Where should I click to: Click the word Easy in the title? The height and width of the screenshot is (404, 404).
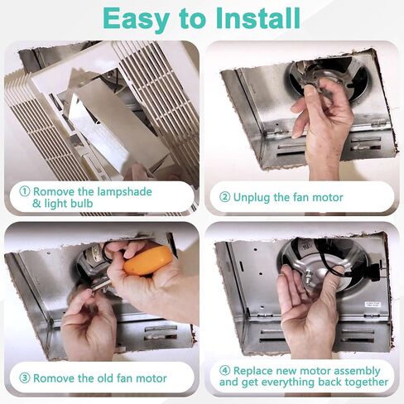tap(136, 19)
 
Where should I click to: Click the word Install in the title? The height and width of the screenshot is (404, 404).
tap(257, 18)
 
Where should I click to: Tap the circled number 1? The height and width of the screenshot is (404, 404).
tap(25, 191)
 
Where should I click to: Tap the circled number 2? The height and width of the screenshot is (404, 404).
tap(224, 197)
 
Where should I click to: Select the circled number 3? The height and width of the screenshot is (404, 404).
tap(25, 378)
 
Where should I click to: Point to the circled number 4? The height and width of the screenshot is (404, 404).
tap(224, 370)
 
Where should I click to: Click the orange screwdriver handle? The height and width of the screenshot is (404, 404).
tap(148, 261)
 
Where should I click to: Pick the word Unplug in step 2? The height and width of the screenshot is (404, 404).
tap(252, 198)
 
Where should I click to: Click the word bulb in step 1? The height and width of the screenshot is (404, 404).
tap(82, 204)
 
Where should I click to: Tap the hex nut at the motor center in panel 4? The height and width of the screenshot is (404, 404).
tap(308, 277)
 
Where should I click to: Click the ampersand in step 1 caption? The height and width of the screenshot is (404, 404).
tap(36, 204)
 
